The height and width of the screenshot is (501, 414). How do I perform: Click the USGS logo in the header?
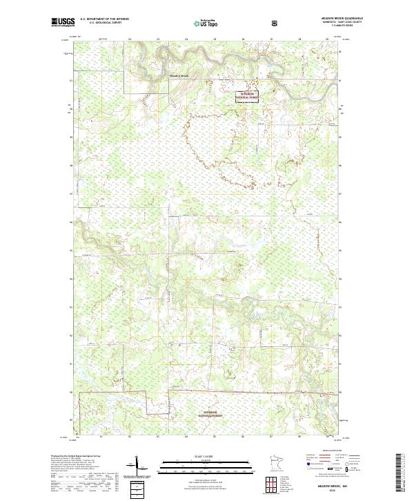tap(63, 22)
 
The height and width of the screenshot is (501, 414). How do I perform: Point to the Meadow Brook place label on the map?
tap(179, 75)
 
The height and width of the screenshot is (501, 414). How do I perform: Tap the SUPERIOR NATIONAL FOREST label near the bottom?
tap(212, 416)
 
